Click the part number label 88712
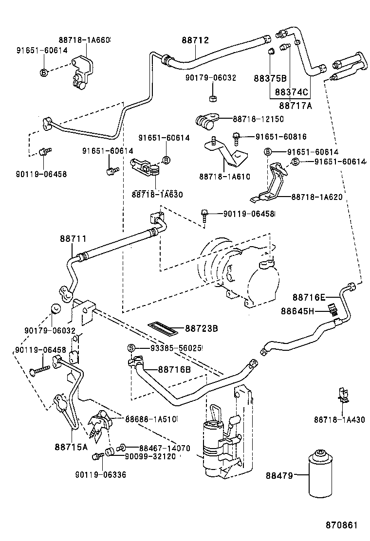point(196,40)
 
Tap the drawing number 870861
point(342,526)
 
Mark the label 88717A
point(296,104)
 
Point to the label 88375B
point(270,78)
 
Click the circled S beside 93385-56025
point(131,348)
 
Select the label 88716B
point(167,370)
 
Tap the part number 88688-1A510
point(151,419)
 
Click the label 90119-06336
point(101,474)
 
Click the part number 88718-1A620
point(317,197)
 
